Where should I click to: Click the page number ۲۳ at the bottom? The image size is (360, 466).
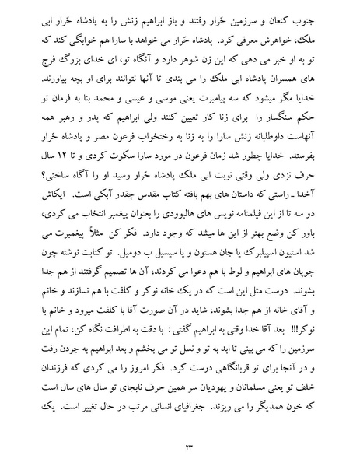(180, 445)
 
